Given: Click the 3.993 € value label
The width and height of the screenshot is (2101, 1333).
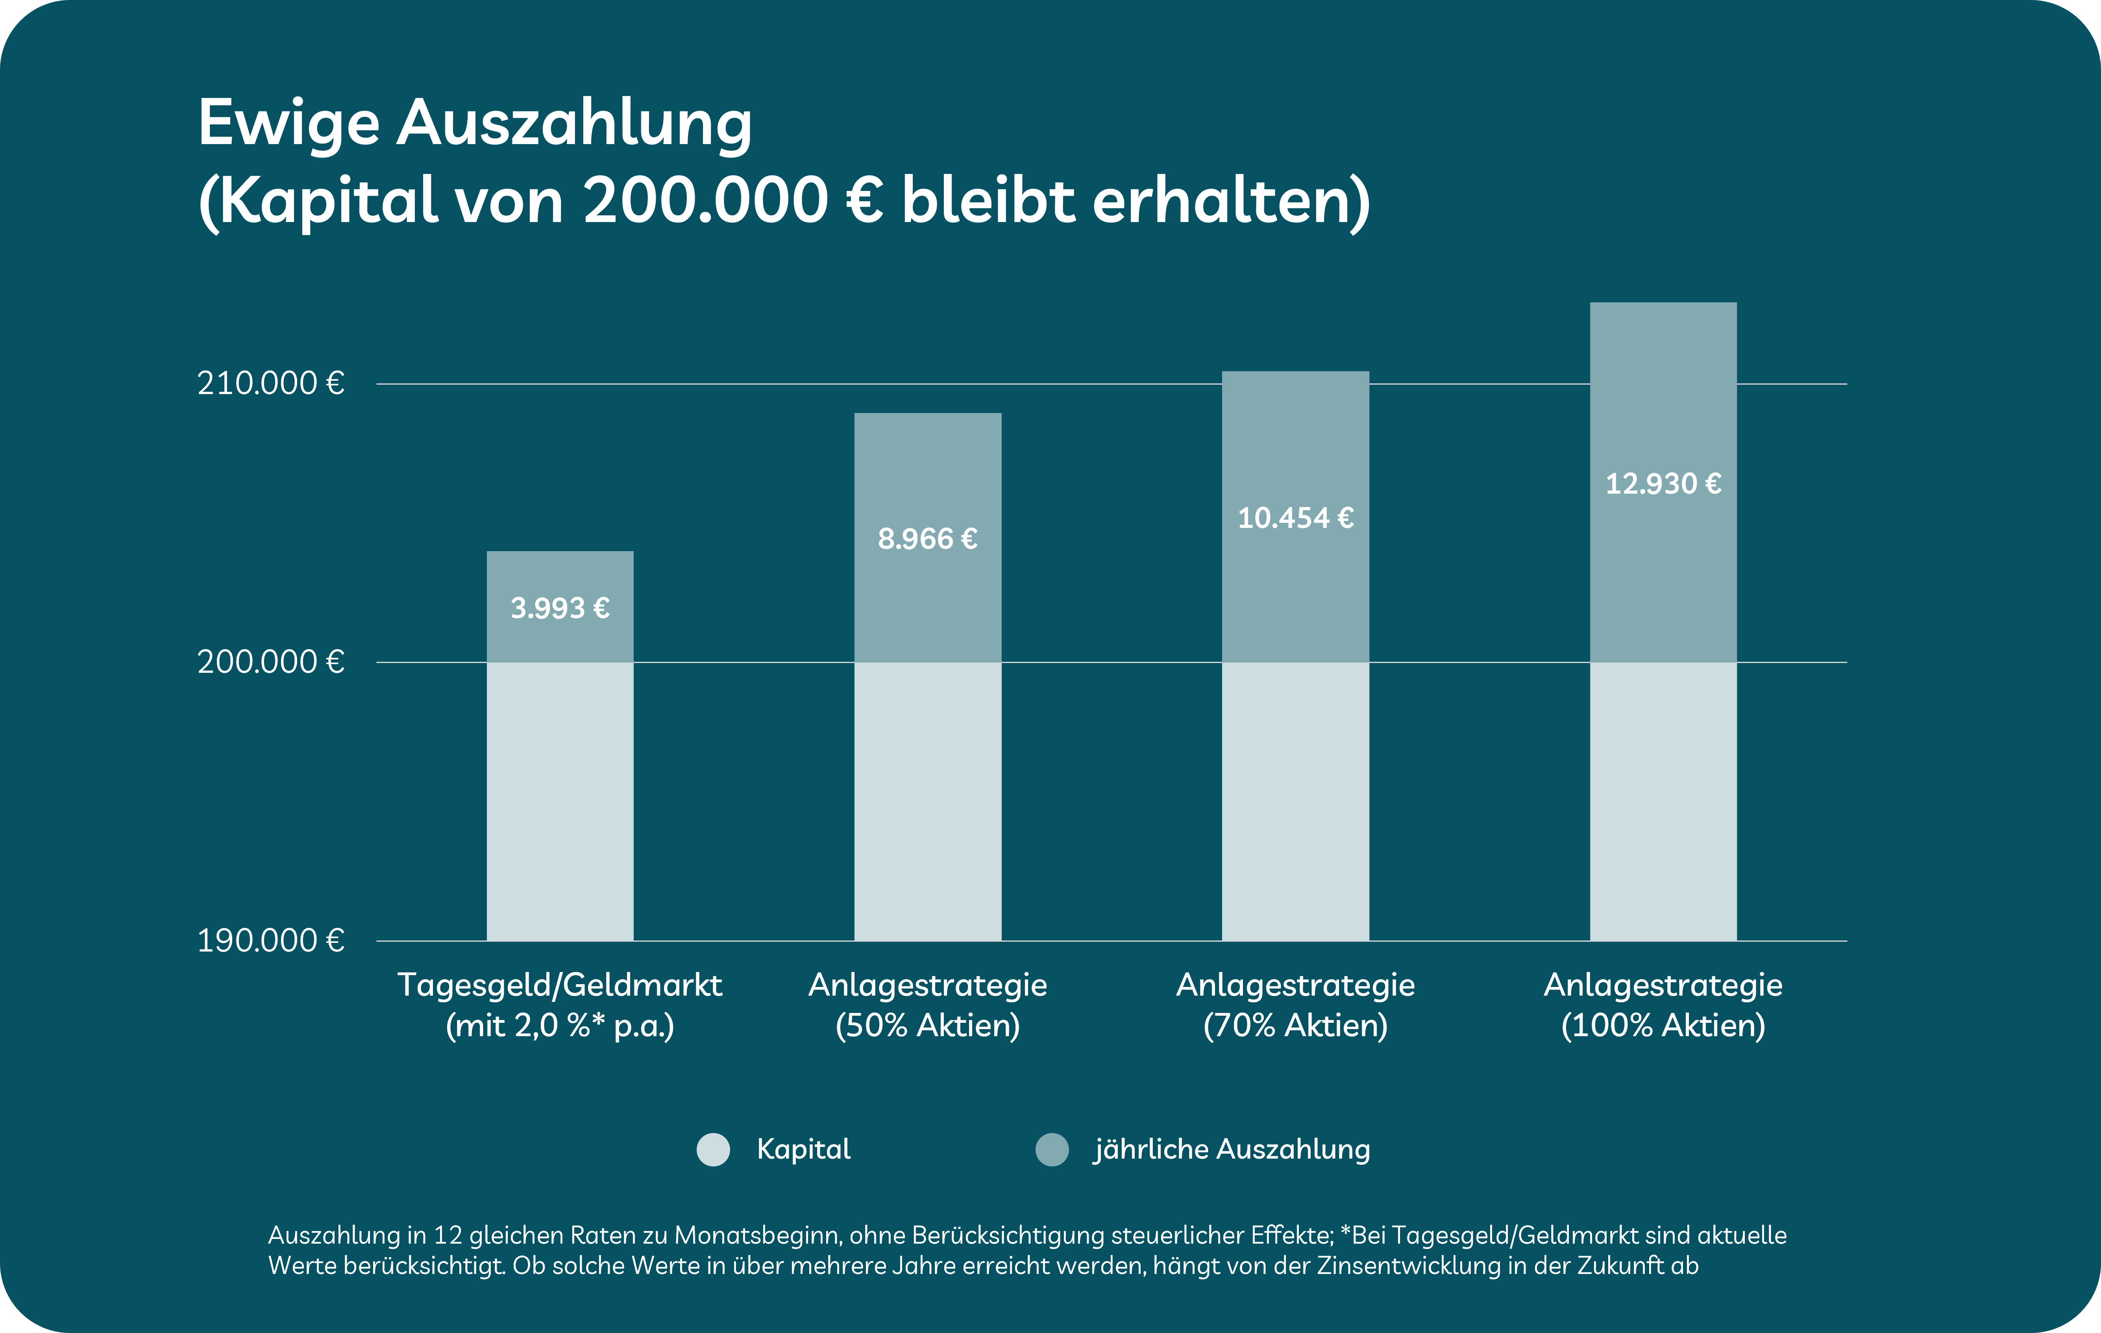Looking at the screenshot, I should (x=559, y=607).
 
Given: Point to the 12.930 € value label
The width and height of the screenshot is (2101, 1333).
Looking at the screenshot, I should (x=1663, y=483).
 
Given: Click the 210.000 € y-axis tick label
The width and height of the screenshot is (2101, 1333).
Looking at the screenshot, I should (x=270, y=383).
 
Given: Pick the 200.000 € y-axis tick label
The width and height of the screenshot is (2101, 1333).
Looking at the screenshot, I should (x=270, y=662).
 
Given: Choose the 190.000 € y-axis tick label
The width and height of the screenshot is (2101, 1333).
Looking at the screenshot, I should (x=270, y=940).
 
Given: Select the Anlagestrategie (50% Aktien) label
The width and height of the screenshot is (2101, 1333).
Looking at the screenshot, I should (x=927, y=1004).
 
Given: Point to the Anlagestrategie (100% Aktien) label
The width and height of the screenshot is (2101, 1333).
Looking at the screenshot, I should (x=1663, y=1004).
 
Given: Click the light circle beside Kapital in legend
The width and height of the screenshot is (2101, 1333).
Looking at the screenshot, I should (x=713, y=1149).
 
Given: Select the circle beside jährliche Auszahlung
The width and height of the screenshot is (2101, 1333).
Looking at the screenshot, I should (x=1051, y=1149).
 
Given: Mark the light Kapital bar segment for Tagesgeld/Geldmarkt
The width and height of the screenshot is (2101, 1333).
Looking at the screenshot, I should (x=559, y=802).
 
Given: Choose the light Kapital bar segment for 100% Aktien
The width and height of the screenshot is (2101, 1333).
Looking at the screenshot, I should (x=1663, y=802).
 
